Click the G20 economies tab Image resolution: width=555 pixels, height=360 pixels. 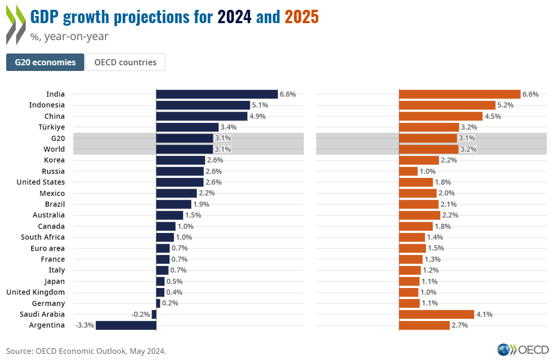45,62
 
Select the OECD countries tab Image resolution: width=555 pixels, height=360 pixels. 125,62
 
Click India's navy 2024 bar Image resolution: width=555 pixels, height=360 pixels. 217,94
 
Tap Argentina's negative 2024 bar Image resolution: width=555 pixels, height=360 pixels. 126,325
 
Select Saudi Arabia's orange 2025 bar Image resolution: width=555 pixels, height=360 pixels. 436,314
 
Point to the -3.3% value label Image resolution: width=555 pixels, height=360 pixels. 84,325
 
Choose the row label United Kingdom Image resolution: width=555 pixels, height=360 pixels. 35,292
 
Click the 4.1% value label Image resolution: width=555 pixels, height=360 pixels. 484,314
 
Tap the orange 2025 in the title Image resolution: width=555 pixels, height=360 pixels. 302,17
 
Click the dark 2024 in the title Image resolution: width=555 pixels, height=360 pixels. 235,17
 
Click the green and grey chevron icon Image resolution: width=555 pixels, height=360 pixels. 15,25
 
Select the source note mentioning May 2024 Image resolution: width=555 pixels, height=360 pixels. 86,351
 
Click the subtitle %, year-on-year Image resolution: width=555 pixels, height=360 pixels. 69,37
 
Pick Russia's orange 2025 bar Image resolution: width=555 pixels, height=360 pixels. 409,171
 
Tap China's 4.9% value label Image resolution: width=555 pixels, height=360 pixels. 257,116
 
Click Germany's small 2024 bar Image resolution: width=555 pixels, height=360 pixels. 158,303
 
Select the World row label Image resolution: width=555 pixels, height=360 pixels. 54,149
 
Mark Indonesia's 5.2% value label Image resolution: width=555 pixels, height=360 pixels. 505,105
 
